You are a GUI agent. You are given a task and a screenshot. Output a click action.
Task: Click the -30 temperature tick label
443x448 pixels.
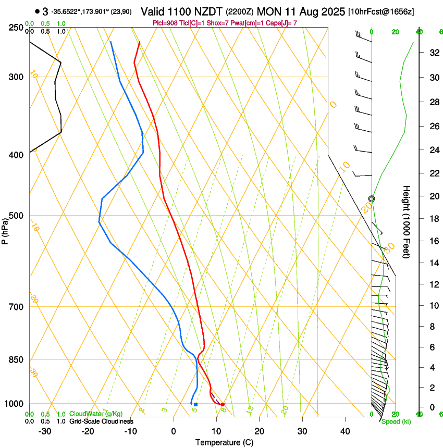[45, 431]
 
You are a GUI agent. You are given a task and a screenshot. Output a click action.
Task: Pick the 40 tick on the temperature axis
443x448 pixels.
[344, 431]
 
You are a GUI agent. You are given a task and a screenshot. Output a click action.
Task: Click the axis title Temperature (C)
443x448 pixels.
[224, 443]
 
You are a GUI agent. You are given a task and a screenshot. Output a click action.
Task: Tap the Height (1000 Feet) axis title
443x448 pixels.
[407, 221]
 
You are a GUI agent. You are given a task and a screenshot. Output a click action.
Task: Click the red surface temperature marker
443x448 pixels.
[223, 404]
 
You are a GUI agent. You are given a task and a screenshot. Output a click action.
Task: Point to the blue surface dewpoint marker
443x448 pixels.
[195, 404]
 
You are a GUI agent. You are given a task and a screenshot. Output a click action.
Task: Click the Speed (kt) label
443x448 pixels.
[396, 421]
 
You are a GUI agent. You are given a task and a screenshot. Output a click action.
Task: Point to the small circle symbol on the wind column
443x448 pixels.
[371, 198]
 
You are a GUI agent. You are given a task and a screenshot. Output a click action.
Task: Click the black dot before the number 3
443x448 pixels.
[37, 11]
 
